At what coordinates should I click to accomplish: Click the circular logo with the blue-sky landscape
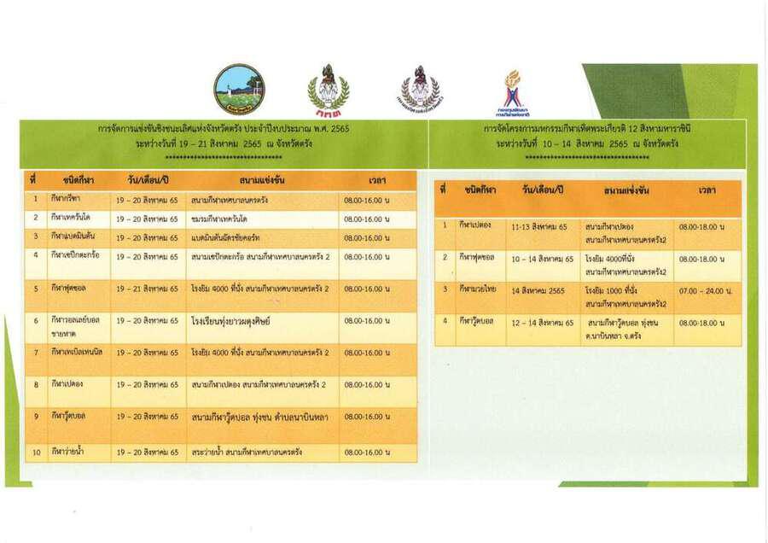[239, 90]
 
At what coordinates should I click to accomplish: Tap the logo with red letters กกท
[328, 90]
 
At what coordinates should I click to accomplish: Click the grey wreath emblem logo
[420, 90]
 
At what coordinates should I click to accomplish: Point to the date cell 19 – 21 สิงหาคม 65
[148, 289]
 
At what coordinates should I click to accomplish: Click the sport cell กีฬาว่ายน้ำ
[68, 452]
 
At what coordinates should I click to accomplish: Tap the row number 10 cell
[36, 452]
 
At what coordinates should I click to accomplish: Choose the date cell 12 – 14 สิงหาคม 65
[543, 323]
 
